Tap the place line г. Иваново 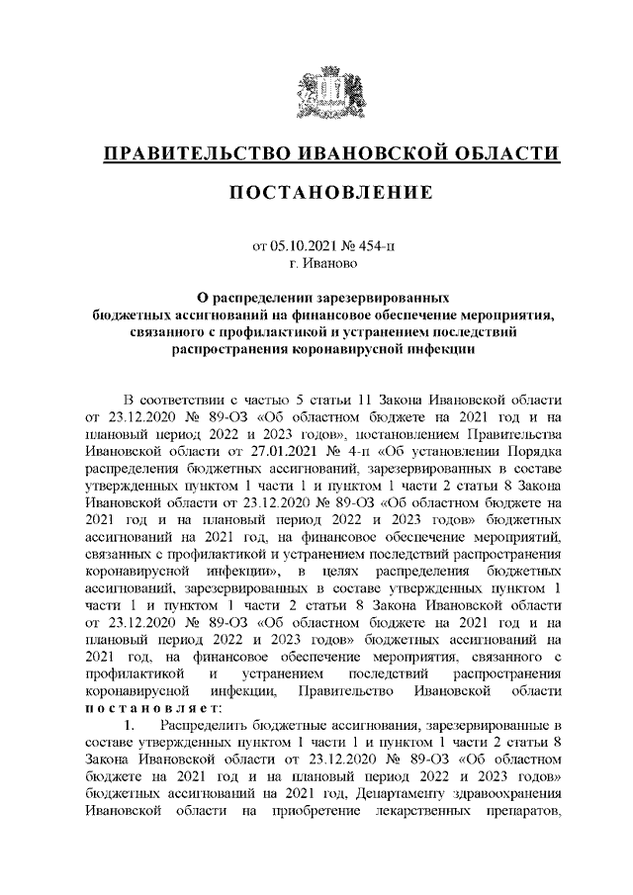(316, 264)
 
